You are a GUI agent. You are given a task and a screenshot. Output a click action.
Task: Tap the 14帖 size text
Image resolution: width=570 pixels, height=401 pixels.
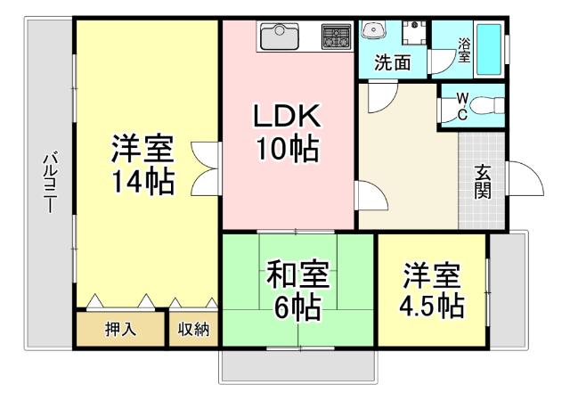click(x=142, y=182)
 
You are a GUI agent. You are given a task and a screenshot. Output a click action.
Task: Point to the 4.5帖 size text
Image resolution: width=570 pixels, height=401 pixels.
click(x=431, y=306)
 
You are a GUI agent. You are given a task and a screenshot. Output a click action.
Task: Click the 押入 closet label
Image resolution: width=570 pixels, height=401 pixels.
click(x=120, y=329)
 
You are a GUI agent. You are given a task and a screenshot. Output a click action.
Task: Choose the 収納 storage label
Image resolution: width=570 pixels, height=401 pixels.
click(x=193, y=329)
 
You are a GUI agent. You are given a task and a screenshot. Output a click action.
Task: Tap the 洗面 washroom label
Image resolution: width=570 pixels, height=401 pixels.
click(x=392, y=63)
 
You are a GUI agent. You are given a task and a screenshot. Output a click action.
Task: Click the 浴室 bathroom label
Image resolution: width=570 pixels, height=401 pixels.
click(x=464, y=50)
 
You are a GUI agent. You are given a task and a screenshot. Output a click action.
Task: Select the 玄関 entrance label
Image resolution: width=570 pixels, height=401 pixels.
click(x=483, y=182)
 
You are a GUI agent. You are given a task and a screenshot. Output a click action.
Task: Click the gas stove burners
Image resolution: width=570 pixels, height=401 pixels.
click(x=336, y=37)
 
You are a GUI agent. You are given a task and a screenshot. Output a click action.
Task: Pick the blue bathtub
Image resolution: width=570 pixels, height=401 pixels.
click(x=489, y=49)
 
